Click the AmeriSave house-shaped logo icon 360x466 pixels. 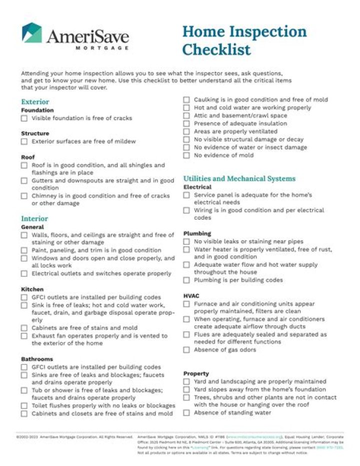pyautogui.click(x=32, y=33)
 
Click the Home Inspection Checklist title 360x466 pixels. pyautogui.click(x=244, y=40)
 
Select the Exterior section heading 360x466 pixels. pyautogui.click(x=35, y=102)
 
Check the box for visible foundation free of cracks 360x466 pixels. pyautogui.click(x=24, y=119)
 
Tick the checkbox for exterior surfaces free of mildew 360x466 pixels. pyautogui.click(x=24, y=142)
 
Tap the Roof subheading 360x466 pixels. pyautogui.click(x=27, y=157)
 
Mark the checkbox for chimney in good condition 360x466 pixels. pyautogui.click(x=24, y=196)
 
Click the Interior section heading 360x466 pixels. pyautogui.click(x=34, y=219)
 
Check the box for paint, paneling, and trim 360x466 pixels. pyautogui.click(x=24, y=250)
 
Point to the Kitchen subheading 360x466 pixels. pyautogui.click(x=32, y=289)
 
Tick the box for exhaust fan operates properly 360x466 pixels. pyautogui.click(x=24, y=336)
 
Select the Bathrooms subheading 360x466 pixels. pyautogui.click(x=36, y=359)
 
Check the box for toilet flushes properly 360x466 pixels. pyautogui.click(x=24, y=406)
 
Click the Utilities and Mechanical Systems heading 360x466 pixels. pyautogui.click(x=239, y=179)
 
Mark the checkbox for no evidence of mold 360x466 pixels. pyautogui.click(x=186, y=156)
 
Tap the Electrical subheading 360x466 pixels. pyautogui.click(x=197, y=187)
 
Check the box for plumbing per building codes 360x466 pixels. pyautogui.click(x=186, y=280)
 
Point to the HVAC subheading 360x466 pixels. pyautogui.click(x=191, y=296)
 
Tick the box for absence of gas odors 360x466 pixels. pyautogui.click(x=186, y=350)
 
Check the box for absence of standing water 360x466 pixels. pyautogui.click(x=186, y=413)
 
